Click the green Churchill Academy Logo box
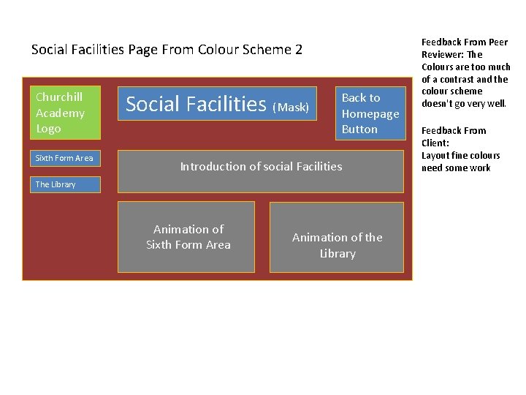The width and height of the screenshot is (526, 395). (64, 113)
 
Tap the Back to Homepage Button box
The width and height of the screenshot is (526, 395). (370, 113)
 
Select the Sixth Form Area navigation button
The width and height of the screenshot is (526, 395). (64, 158)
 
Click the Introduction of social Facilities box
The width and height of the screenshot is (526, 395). (261, 171)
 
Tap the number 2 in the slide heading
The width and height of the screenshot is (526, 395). (298, 50)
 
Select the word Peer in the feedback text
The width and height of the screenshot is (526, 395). (499, 42)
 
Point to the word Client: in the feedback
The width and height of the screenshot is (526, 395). (435, 143)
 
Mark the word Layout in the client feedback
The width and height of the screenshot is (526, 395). (437, 156)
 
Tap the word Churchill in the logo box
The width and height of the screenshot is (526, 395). (59, 97)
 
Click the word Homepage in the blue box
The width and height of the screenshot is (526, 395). (370, 113)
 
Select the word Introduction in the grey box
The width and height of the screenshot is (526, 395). (210, 167)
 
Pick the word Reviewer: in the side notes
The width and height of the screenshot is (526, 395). (442, 55)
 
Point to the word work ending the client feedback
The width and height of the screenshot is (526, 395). (478, 168)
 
